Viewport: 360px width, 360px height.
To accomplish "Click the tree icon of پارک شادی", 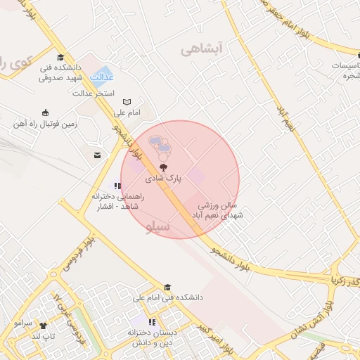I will (x=163, y=168).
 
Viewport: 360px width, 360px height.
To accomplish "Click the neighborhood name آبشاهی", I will (x=201, y=49).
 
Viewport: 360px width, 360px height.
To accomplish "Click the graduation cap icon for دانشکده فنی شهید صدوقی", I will (x=60, y=58).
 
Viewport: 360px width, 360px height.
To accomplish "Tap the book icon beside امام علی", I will (x=127, y=102).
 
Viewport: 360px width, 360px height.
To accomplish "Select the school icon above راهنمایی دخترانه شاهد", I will (x=117, y=186).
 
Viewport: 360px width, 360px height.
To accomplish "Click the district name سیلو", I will (x=159, y=227).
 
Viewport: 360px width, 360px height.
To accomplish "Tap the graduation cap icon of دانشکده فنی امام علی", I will (x=167, y=287).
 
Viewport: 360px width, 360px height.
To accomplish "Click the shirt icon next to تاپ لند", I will (x=44, y=326).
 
